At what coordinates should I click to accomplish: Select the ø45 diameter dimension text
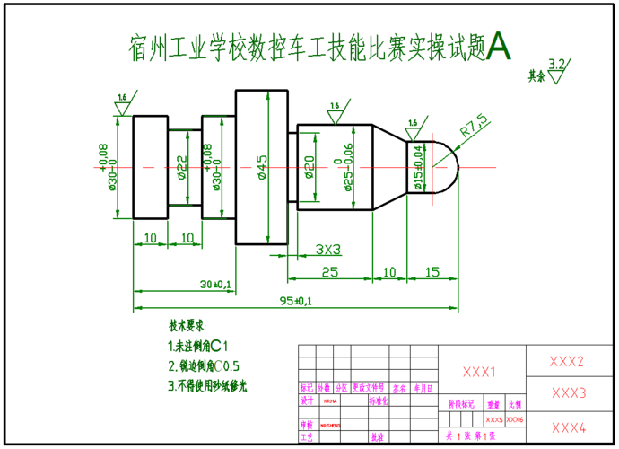[261, 168]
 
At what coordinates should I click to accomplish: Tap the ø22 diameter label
[182, 167]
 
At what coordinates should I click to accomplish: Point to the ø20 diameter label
[309, 167]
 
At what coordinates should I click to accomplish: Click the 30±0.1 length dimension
[215, 284]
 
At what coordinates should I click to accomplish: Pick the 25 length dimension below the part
[329, 271]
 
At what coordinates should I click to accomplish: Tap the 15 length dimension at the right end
[432, 271]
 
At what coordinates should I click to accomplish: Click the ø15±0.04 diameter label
[418, 167]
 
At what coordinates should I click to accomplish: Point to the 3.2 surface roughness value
[556, 63]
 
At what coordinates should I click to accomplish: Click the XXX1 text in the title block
[479, 372]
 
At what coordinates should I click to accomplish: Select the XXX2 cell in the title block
[567, 362]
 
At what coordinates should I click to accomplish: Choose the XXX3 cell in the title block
[569, 392]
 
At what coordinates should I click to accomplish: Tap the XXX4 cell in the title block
[569, 427]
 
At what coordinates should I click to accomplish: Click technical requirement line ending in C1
[199, 346]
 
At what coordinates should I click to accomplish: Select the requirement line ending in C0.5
[204, 366]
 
